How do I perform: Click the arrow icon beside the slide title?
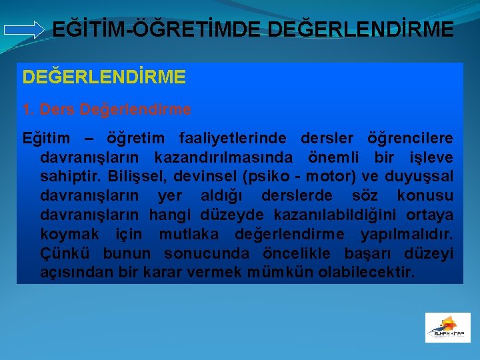pyautogui.click(x=23, y=30)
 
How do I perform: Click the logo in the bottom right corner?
pyautogui.click(x=447, y=327)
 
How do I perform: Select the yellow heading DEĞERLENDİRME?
pyautogui.click(x=104, y=77)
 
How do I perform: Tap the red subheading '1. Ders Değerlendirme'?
pyautogui.click(x=107, y=109)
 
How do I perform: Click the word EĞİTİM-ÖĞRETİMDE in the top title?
pyautogui.click(x=152, y=30)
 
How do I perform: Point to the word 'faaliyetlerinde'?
pyautogui.click(x=233, y=138)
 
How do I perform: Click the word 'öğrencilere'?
pyautogui.click(x=410, y=138)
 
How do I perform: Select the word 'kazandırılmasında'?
pyautogui.click(x=226, y=157)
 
